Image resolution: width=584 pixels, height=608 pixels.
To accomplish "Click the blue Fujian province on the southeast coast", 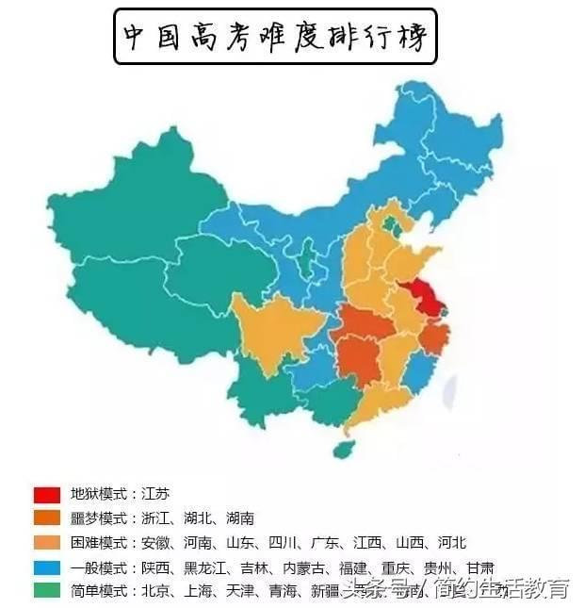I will click(419, 373).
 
